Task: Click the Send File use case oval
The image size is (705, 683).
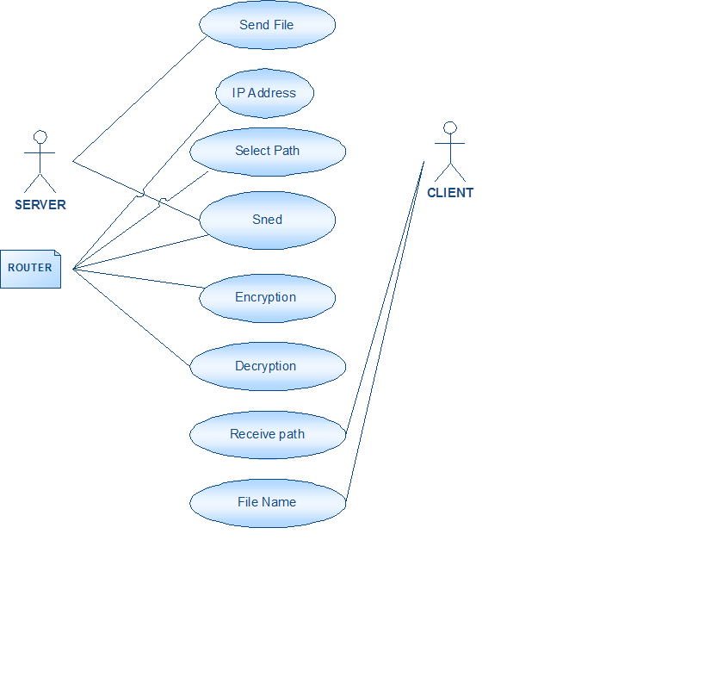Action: coord(267,25)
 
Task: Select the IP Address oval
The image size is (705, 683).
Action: coord(264,93)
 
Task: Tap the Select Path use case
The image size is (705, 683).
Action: coord(267,151)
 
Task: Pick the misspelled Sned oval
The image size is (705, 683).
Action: coord(267,220)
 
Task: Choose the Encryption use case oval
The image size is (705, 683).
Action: coord(266,297)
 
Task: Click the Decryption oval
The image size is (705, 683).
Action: coord(267,366)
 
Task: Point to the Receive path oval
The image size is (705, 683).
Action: coord(267,434)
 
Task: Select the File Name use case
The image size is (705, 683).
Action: coord(267,502)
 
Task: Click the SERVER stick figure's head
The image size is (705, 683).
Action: coord(40,136)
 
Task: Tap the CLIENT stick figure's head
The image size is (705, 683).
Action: coord(448,127)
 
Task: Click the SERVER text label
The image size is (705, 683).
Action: coord(40,205)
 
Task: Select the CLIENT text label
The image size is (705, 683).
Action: coord(450,193)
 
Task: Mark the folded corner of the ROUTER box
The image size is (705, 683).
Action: coord(57,254)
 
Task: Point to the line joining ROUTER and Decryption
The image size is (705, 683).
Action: coord(132,318)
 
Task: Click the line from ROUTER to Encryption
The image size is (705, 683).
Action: coord(138,278)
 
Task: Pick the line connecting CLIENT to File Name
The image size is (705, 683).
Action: coord(384,332)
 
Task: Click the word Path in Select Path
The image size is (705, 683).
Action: coord(286,151)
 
